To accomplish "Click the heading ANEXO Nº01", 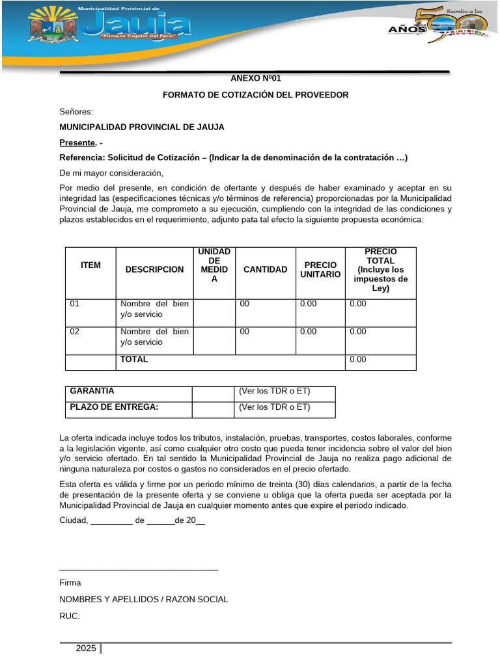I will pyautogui.click(x=256, y=78).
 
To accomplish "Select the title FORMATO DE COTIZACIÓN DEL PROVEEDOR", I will pyautogui.click(x=255, y=95).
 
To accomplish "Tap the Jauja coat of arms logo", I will pyautogui.click(x=49, y=31).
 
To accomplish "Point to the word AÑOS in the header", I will pyautogui.click(x=407, y=29).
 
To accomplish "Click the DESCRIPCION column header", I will pyautogui.click(x=154, y=269).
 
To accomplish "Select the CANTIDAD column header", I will pyautogui.click(x=265, y=269).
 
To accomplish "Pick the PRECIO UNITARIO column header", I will pyautogui.click(x=320, y=269).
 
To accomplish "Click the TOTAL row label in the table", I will pyautogui.click(x=134, y=359).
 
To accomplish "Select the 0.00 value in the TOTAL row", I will pyautogui.click(x=358, y=359).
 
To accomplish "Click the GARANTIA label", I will pyautogui.click(x=92, y=391).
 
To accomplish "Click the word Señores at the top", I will pyautogui.click(x=76, y=112).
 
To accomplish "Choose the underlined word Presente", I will pyautogui.click(x=77, y=142).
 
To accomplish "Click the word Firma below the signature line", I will pyautogui.click(x=70, y=583).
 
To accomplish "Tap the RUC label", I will pyautogui.click(x=69, y=615).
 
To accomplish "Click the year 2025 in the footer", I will pyautogui.click(x=85, y=648).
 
